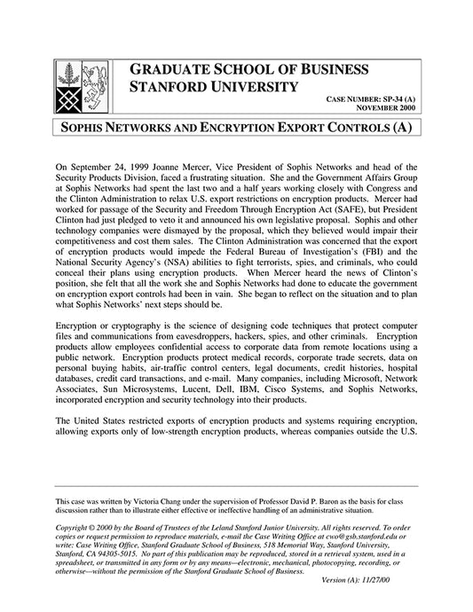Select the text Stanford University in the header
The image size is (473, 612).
(x=213, y=87)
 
